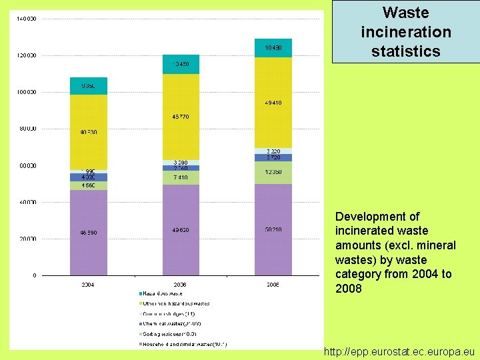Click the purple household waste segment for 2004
[89, 232]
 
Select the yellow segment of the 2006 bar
[181, 117]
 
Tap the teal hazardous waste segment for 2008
[273, 48]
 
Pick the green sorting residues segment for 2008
[273, 172]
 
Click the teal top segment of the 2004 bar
[89, 85]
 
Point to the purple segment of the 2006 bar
[181, 230]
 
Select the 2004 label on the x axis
[88, 285]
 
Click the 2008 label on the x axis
[273, 285]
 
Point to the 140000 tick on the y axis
[26, 19]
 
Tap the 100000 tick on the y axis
[26, 92]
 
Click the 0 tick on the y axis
[35, 275]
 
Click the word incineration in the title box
[406, 31]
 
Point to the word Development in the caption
[369, 217]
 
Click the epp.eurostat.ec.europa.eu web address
[399, 351]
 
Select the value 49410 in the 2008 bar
[273, 103]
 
